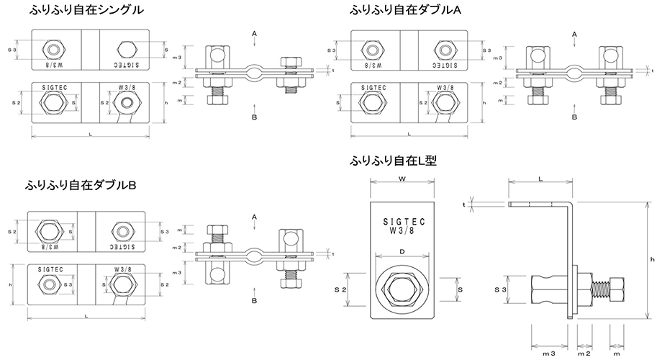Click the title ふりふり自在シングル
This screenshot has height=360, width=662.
pyautogui.click(x=86, y=10)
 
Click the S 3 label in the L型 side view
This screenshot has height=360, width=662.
pyautogui.click(x=507, y=288)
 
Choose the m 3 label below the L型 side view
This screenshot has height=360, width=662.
pyautogui.click(x=548, y=353)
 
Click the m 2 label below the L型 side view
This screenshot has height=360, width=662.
pyautogui.click(x=584, y=353)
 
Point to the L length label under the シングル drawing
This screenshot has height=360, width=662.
pyautogui.click(x=89, y=134)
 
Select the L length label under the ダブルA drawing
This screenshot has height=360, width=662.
pyautogui.click(x=408, y=134)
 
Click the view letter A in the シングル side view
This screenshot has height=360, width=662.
pyautogui.click(x=255, y=33)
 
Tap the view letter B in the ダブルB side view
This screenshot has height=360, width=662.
pyautogui.click(x=255, y=300)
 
